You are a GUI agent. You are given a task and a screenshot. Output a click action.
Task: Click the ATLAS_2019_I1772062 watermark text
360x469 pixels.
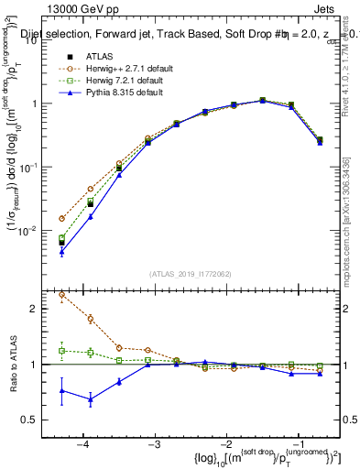pos(191,274)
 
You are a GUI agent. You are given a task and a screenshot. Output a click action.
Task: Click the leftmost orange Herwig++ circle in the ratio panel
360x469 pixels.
pos(61,295)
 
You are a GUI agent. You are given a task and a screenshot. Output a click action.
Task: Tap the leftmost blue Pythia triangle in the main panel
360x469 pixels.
pos(61,252)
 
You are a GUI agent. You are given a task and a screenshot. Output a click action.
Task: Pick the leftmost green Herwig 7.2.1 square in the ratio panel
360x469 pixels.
pos(61,351)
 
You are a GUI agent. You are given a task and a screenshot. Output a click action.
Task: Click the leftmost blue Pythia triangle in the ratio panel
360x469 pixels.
pos(61,390)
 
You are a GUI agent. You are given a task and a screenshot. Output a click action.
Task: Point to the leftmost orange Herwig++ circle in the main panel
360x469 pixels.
pos(61,219)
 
